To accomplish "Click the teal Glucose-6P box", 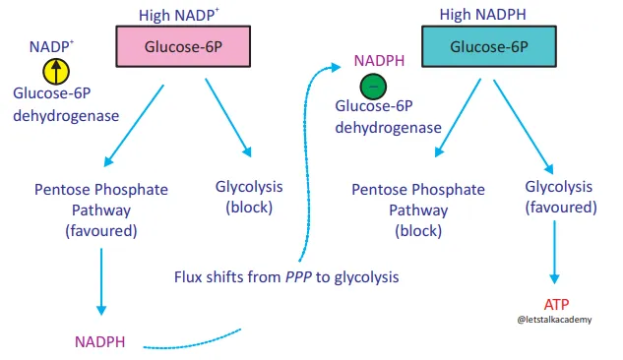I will [x=483, y=46].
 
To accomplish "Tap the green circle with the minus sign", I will [x=373, y=87].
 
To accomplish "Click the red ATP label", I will [x=557, y=303].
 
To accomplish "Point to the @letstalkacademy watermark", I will [x=557, y=320].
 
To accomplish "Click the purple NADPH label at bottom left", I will [x=101, y=342].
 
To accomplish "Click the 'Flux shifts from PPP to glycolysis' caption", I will [x=286, y=277].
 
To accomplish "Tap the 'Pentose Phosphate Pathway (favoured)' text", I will [x=101, y=210].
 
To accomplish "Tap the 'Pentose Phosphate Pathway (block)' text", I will [x=418, y=210].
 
